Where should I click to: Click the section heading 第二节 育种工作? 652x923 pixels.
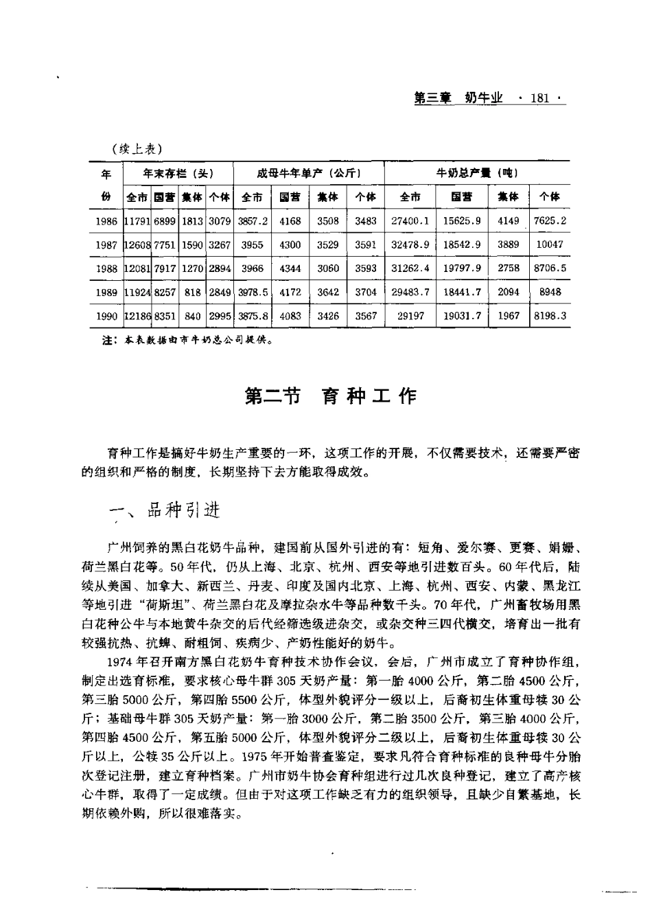(331, 396)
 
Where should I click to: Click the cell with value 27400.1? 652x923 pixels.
(410, 221)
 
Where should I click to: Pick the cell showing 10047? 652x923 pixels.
(549, 244)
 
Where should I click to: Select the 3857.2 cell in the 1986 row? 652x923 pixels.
(253, 221)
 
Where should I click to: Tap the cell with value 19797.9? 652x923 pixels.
(462, 268)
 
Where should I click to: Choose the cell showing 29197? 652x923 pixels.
(410, 316)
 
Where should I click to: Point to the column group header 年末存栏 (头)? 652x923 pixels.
(177, 173)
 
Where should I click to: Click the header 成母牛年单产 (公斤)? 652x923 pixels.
(309, 173)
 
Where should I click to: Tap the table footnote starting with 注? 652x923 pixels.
(189, 339)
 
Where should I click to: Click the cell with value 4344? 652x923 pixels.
(290, 268)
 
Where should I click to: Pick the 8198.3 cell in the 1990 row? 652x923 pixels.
(549, 316)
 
